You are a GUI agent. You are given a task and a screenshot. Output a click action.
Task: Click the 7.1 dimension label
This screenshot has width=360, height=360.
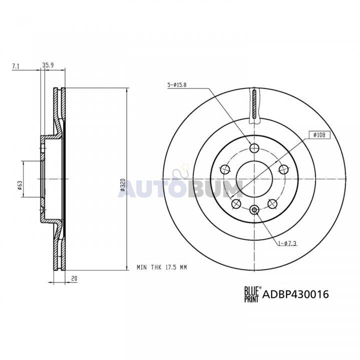(x=15, y=66)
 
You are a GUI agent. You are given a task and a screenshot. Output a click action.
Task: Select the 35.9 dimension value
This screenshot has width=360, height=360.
(x=48, y=65)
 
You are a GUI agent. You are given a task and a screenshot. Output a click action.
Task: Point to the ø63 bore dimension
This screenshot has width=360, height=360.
(x=19, y=185)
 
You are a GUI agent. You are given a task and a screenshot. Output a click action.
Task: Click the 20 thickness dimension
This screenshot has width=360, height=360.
(x=74, y=278)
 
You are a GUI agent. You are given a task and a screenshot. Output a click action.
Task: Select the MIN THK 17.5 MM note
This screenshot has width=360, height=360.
(x=161, y=267)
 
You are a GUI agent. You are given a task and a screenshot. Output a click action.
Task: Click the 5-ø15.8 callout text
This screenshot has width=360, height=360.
(x=177, y=85)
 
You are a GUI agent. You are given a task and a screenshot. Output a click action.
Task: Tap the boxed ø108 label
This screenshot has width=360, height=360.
(x=319, y=135)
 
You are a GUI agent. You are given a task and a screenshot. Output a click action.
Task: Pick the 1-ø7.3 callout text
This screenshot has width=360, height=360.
(x=287, y=243)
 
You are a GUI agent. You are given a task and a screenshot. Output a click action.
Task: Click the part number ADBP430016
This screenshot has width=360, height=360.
(x=295, y=294)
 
